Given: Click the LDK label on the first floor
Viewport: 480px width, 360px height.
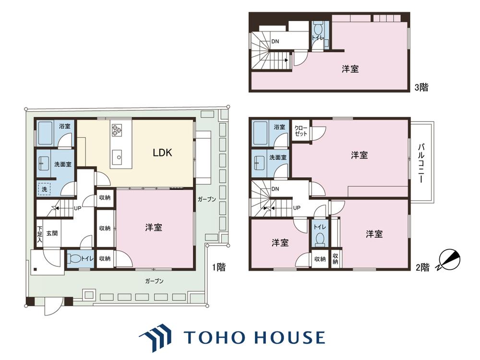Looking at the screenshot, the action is click(x=162, y=153).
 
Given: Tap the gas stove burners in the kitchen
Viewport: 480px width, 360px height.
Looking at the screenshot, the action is click(x=117, y=130).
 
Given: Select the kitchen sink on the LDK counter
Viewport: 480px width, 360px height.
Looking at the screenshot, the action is click(x=118, y=157).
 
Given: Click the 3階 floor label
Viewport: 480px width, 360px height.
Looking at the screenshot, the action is click(x=421, y=87).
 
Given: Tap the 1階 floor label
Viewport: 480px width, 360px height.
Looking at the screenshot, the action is click(x=219, y=267).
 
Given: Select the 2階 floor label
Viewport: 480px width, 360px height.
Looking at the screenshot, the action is click(x=422, y=267).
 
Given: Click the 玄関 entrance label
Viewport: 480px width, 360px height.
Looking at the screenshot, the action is click(x=52, y=233).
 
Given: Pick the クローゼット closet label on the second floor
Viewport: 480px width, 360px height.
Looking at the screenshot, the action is click(x=301, y=131).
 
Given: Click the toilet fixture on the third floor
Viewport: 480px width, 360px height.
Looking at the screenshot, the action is click(x=318, y=29).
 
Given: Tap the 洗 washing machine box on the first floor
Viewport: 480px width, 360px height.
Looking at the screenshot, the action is click(x=44, y=189).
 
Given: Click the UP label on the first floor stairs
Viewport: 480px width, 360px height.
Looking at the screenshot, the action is click(x=77, y=208).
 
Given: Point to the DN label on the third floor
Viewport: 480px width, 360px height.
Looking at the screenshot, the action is click(x=275, y=41).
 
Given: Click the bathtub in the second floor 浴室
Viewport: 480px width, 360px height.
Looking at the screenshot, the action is click(x=261, y=133).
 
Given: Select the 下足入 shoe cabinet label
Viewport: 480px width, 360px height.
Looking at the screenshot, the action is click(x=39, y=234).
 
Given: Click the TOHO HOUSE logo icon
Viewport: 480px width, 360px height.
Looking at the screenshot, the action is click(x=155, y=337).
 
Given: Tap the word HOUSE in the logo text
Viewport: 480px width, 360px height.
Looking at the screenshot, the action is click(x=290, y=337).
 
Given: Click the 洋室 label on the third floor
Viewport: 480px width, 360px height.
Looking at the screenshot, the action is click(x=350, y=69).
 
